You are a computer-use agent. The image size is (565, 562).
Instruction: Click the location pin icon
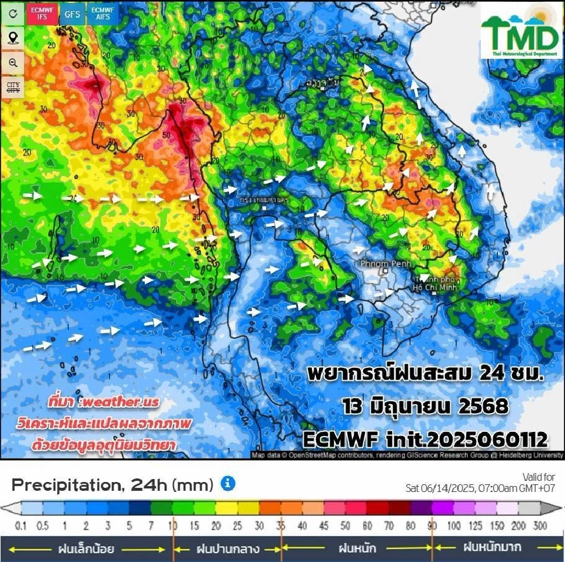click(12, 38)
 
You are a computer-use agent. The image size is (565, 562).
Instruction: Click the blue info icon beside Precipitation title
click(228, 484)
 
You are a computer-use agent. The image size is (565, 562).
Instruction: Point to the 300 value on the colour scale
click(539, 526)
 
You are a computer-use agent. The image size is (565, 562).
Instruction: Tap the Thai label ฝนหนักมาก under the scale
click(491, 547)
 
